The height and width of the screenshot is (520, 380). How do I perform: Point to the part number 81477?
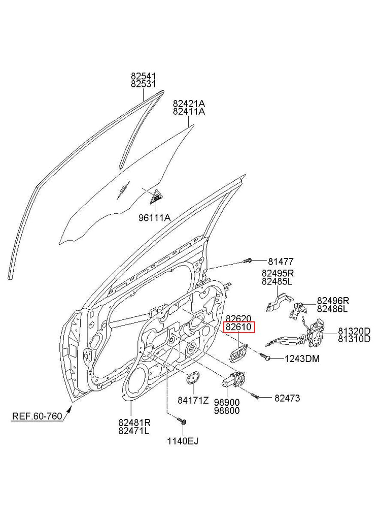(281, 262)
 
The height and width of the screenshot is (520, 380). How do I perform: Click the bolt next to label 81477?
(249, 261)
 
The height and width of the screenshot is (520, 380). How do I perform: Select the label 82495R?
(277, 272)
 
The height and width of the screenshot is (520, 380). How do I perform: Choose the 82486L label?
(332, 309)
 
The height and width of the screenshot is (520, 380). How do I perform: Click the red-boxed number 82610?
(238, 327)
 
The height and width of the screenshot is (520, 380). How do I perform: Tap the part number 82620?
(238, 318)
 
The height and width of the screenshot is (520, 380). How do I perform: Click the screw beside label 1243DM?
(265, 357)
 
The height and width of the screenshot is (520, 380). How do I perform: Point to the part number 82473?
(287, 399)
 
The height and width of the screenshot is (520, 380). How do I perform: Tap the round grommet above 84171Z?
(193, 379)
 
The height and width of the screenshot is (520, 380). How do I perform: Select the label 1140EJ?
(183, 441)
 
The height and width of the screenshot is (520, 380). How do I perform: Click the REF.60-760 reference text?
(37, 417)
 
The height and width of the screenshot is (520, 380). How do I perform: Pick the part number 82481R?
(134, 421)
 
